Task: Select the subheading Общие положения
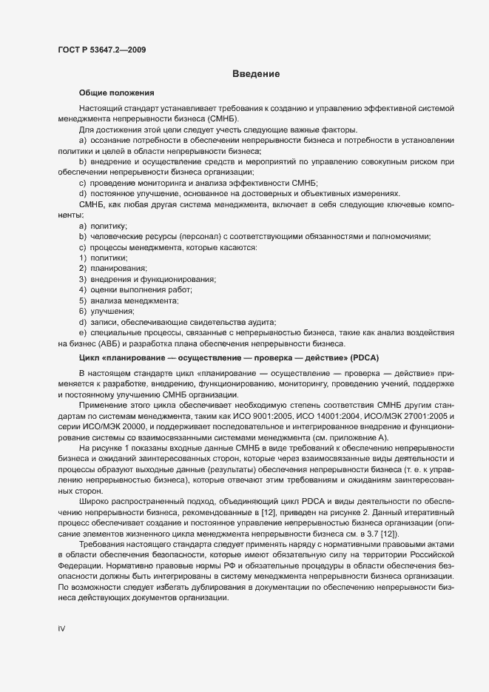click(x=116, y=93)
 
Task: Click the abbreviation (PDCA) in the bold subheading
click(x=360, y=357)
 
